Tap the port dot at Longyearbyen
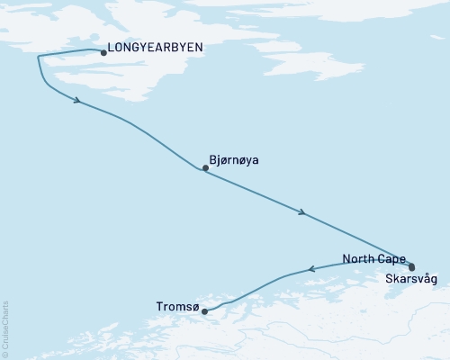click(x=103, y=53)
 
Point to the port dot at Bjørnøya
click(x=205, y=167)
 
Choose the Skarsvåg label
click(x=410, y=280)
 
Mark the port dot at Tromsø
click(x=205, y=311)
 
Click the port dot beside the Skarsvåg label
click(x=411, y=267)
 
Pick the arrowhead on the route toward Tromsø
click(x=311, y=267)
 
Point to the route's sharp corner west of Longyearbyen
click(x=38, y=57)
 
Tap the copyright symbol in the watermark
click(x=5, y=354)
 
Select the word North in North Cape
click(x=359, y=259)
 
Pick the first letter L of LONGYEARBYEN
click(x=111, y=51)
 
